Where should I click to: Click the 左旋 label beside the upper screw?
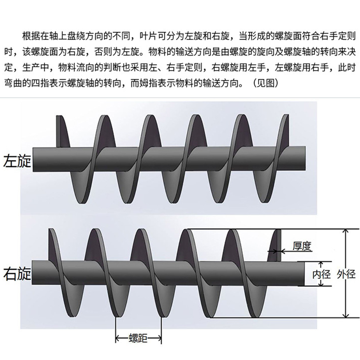(x=17, y=160)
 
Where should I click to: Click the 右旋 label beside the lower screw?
(x=17, y=274)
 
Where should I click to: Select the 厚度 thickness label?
(x=302, y=247)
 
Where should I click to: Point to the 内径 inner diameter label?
(x=322, y=275)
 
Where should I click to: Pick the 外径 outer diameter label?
(x=346, y=275)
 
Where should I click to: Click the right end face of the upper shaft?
(x=303, y=158)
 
